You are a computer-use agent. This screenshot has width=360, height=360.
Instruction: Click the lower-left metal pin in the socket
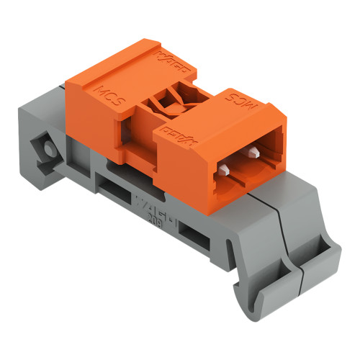225,171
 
